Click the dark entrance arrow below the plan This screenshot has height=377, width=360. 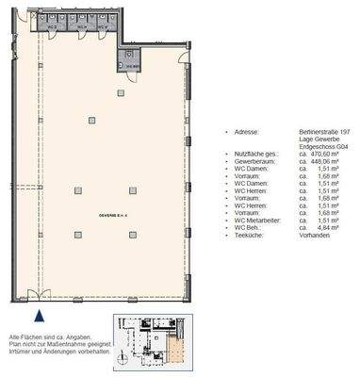[40, 318]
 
